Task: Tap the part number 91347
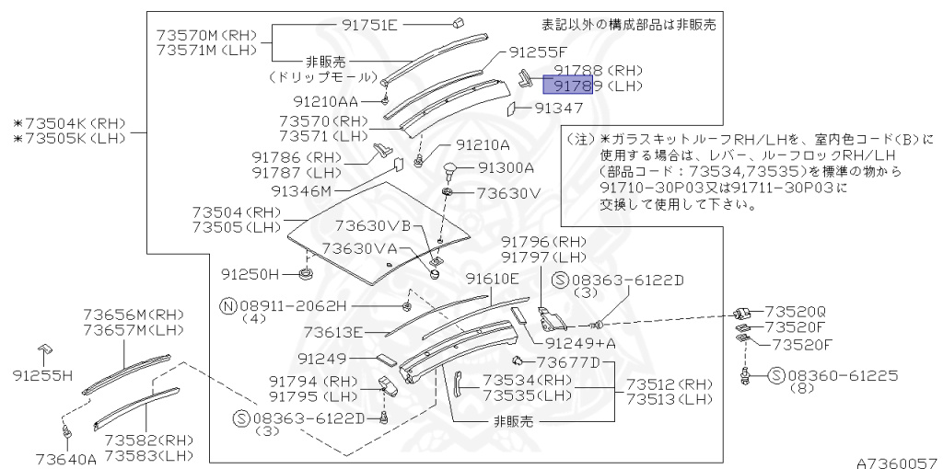(x=559, y=109)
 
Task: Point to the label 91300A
(x=506, y=168)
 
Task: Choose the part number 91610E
(x=492, y=279)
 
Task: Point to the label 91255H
(x=41, y=375)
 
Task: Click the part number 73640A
(x=65, y=458)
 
